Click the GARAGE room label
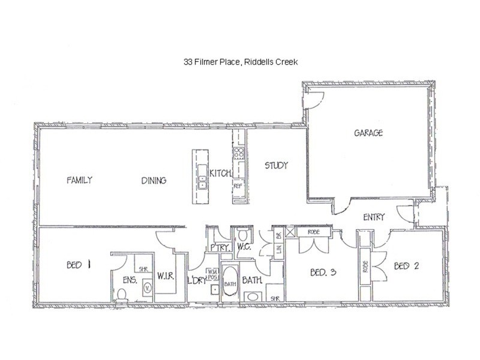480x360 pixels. pos(368,133)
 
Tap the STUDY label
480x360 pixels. pos(276,166)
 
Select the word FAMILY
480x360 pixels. pos(79,180)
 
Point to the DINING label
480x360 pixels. pos(154,181)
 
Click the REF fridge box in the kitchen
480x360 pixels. pos(238,185)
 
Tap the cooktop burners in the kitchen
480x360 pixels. pos(239,153)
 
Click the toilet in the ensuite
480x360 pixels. pos(122,295)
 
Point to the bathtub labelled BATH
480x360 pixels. pos(230,281)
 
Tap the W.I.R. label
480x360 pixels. pos(166,276)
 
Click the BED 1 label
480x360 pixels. pos(79,265)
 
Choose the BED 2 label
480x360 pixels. pos(406,266)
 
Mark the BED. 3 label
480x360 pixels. pos(323,272)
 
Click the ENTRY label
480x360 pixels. pos(374,217)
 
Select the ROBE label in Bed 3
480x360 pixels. pos(313,232)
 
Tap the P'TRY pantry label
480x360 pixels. pos(220,247)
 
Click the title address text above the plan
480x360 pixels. pos(241,62)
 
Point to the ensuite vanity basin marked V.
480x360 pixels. pos(147,288)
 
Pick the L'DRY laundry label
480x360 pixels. pos(197,280)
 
